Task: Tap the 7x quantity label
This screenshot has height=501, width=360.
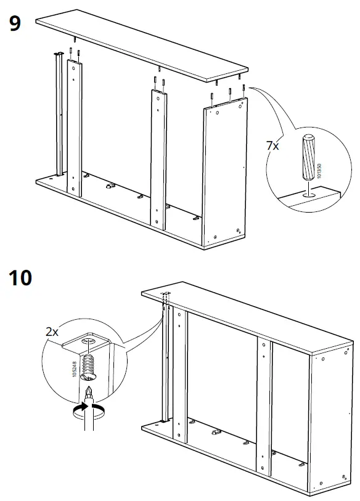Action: coord(272,146)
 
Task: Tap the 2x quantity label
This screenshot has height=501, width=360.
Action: coord(52,332)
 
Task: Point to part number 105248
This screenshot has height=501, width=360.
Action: coord(75,370)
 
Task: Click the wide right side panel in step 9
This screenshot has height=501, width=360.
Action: coord(225,173)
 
